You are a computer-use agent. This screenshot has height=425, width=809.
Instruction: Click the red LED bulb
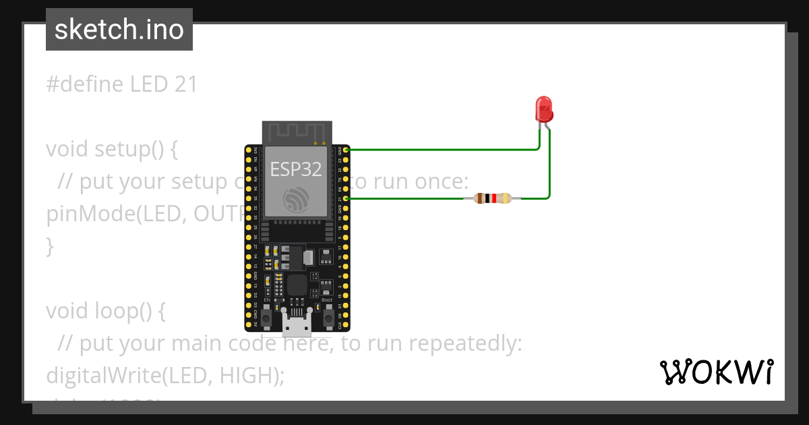click(543, 108)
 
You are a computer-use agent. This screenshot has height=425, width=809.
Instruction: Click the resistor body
click(492, 198)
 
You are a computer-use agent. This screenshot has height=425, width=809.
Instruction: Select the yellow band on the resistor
click(508, 198)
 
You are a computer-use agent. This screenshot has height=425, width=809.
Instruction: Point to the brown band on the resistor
click(479, 198)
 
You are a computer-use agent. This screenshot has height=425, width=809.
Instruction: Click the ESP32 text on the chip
click(296, 169)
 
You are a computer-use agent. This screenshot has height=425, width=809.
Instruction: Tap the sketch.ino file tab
click(119, 30)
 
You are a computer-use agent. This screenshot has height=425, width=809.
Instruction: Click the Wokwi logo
click(716, 372)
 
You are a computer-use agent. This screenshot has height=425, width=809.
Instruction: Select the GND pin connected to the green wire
click(346, 149)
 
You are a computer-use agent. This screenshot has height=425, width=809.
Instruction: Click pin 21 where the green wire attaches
click(346, 198)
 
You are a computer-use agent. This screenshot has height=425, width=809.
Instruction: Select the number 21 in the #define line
click(185, 84)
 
